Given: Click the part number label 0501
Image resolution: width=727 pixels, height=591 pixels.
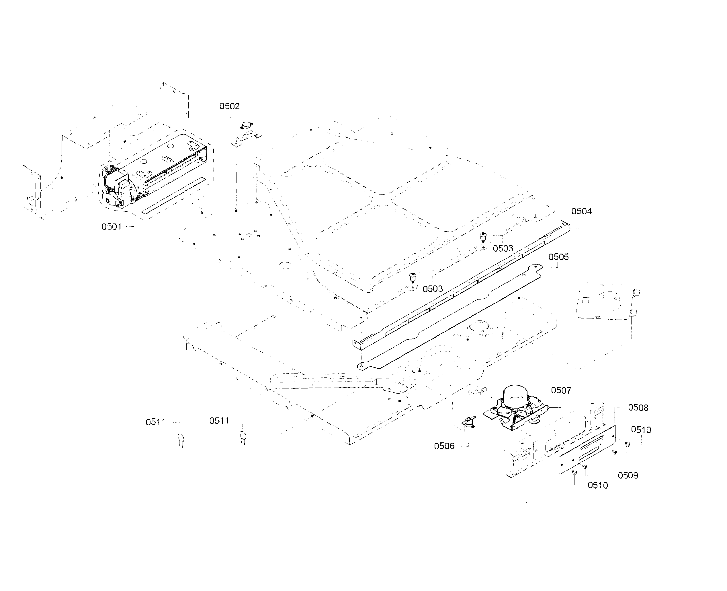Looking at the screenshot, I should pyautogui.click(x=111, y=227).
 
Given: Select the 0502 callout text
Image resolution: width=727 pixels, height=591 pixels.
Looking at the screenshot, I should pyautogui.click(x=229, y=106).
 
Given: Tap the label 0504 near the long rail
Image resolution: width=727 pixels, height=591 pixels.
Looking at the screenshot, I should pyautogui.click(x=581, y=211).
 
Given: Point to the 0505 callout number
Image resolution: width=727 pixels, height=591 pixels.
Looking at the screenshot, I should pyautogui.click(x=558, y=257).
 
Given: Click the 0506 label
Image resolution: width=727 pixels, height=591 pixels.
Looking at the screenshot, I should pyautogui.click(x=444, y=446).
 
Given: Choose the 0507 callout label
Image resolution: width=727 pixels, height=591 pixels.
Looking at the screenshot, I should pyautogui.click(x=561, y=390).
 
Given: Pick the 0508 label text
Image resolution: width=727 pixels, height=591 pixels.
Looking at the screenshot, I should pyautogui.click(x=638, y=408).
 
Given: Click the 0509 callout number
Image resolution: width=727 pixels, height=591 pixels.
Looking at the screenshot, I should pyautogui.click(x=628, y=476).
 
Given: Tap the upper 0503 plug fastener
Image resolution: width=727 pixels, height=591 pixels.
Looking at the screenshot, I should pyautogui.click(x=483, y=236).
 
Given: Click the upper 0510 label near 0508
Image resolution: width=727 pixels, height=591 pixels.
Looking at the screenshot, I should pyautogui.click(x=641, y=430).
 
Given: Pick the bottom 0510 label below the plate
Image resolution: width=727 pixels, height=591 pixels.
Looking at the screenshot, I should pyautogui.click(x=597, y=485).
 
